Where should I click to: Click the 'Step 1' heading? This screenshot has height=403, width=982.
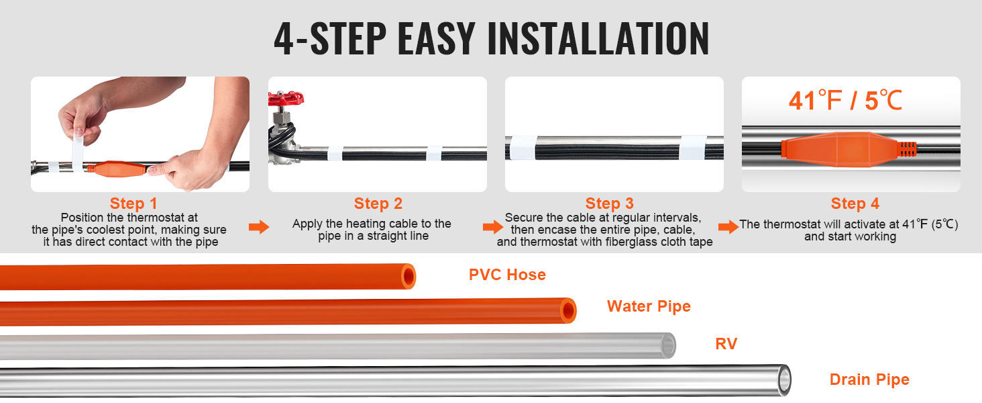tap(133, 204)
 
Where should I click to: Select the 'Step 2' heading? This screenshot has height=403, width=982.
tap(378, 204)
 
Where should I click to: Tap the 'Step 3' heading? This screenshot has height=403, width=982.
tap(609, 204)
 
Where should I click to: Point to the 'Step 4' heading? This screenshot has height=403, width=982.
tap(855, 204)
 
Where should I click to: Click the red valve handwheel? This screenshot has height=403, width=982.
tap(285, 98)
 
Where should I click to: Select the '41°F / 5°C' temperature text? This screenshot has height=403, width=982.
tap(845, 101)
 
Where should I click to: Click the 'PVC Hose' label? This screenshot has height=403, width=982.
tap(507, 275)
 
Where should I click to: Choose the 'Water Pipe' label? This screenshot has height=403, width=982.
tap(649, 306)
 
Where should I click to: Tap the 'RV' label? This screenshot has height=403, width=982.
tap(726, 344)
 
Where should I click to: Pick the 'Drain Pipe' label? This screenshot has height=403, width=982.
tap(869, 379)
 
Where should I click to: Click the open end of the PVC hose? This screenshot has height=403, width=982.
tap(408, 277)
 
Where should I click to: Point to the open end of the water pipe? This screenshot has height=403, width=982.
tap(568, 311)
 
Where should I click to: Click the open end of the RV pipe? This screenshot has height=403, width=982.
tap(668, 345)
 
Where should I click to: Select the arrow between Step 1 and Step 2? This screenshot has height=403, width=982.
tap(259, 227)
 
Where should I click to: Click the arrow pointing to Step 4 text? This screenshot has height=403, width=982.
tap(728, 227)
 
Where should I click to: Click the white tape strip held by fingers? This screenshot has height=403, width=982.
tap(78, 152)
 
